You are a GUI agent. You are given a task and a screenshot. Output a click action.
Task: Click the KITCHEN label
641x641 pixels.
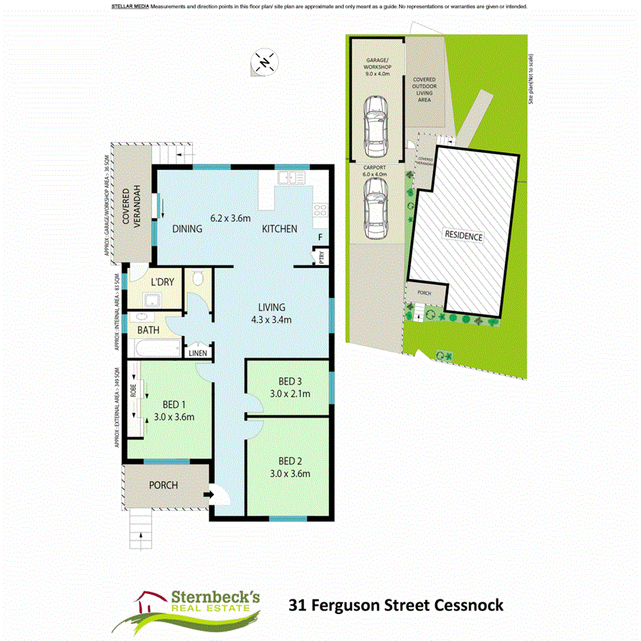pos(279,229)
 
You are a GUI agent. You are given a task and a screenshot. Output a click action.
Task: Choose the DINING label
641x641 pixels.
pos(187,229)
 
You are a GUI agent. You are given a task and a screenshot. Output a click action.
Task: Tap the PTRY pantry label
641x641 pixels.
pos(322,258)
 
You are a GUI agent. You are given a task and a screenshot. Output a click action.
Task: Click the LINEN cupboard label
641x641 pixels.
pos(197,353)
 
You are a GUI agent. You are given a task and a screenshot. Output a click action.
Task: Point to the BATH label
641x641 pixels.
pos(148,330)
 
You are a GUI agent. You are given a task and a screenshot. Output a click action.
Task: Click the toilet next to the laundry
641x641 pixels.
pos(198,278)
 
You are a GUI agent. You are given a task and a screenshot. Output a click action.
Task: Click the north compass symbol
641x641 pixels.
pos(264,61)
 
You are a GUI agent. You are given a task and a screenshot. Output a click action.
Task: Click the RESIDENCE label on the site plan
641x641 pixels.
pos(464,236)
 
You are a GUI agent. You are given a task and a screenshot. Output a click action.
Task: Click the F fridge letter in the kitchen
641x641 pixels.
pos(321,237)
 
